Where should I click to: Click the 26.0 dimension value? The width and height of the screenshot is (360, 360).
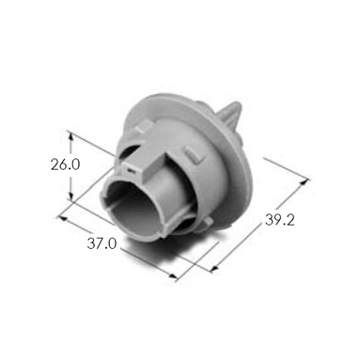point(66,164)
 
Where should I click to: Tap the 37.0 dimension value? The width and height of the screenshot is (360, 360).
point(102,243)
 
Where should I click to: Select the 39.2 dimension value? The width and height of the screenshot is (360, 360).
point(280,220)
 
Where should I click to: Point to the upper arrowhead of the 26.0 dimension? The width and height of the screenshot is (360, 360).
point(71,135)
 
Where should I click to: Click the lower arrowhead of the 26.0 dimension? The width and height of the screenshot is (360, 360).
point(70,196)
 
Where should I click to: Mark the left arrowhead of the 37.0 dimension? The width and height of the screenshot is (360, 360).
point(63,218)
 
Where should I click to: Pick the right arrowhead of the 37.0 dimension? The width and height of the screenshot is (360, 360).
point(173,275)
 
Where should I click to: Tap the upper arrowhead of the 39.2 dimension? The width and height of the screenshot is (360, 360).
point(304,182)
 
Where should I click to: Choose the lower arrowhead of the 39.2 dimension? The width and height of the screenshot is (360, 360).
point(215,268)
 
